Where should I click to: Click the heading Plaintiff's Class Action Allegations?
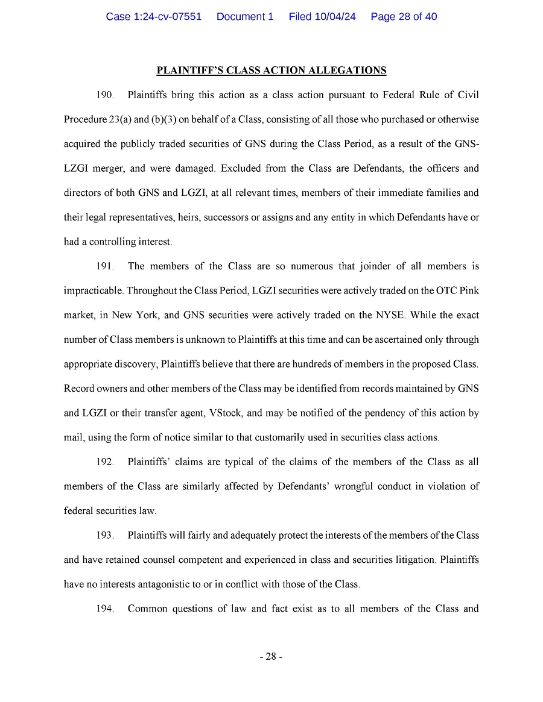[271, 71]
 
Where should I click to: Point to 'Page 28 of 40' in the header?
[404, 17]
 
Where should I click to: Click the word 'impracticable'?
[92, 291]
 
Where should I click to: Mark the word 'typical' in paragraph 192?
[238, 462]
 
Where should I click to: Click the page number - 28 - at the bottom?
[271, 656]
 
